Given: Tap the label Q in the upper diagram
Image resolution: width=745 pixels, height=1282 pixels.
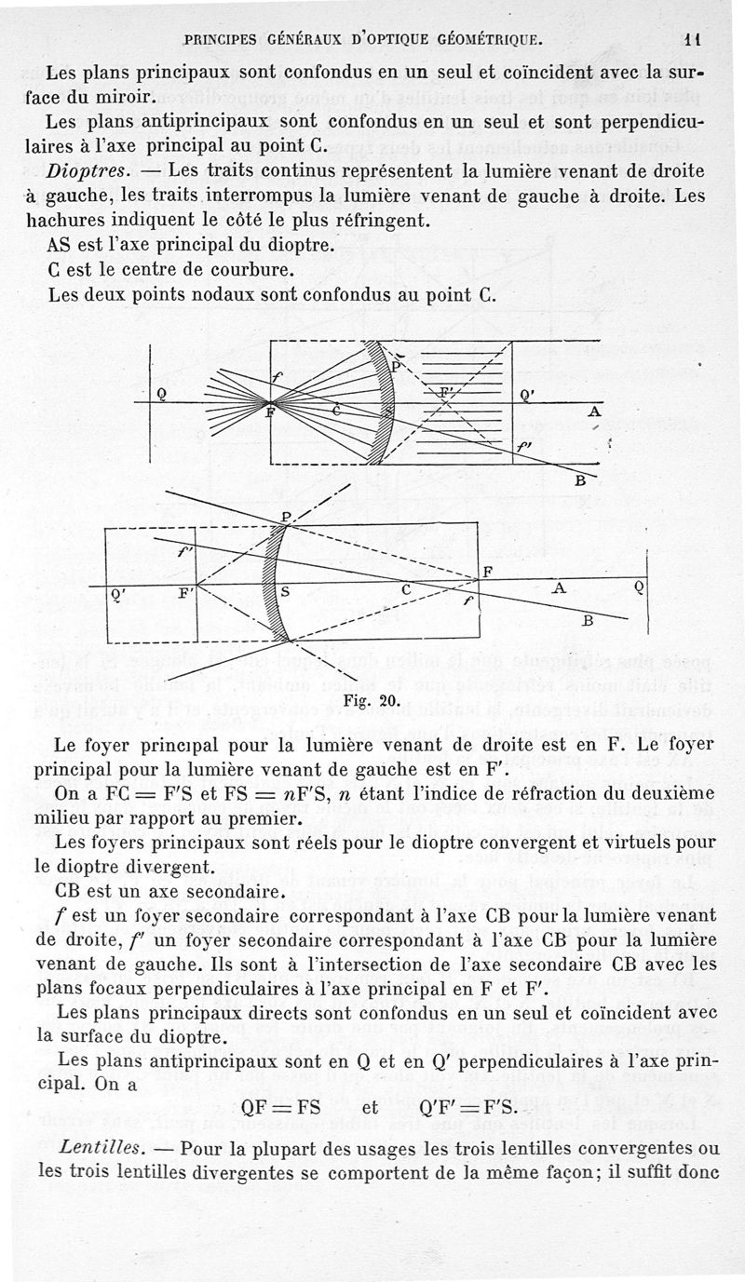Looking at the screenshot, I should (161, 393).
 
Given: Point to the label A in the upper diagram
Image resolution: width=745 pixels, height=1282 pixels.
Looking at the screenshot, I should (594, 412).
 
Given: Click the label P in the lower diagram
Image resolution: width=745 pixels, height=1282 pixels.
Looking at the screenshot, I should (286, 518).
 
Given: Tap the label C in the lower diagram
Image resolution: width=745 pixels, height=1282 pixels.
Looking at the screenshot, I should (406, 590).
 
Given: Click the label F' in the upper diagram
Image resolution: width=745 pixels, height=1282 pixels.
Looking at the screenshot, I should (448, 391).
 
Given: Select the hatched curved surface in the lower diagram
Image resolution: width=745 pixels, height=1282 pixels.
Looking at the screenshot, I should (272, 585).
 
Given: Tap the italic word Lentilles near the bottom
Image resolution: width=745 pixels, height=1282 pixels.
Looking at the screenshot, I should (95, 1144).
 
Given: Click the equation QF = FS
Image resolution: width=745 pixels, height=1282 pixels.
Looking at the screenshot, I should (280, 1108).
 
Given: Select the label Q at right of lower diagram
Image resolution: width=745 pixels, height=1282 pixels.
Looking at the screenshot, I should (639, 587).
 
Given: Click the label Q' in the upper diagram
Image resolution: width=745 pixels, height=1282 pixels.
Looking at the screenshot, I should (526, 394).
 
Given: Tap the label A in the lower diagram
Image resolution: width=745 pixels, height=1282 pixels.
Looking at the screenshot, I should (559, 588).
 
